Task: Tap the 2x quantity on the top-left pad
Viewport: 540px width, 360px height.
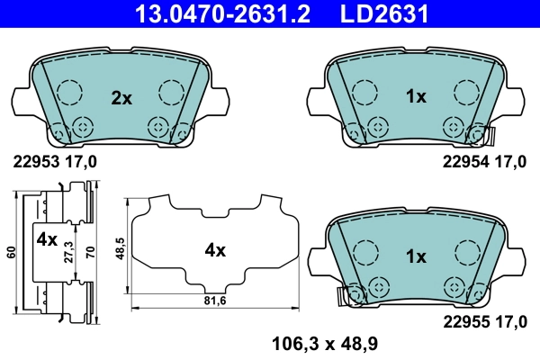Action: pos(121,98)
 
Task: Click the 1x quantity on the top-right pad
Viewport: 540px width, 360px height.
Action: pos(415,98)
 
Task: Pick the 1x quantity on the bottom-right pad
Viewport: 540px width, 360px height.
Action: pos(415,256)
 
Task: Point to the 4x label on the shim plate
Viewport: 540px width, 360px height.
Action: pos(214,251)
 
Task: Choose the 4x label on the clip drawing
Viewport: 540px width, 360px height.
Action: pos(47,240)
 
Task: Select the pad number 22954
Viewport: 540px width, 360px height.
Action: pos(463,162)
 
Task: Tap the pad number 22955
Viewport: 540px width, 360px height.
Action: pos(463,320)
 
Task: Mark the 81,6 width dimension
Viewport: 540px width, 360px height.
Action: pos(214,301)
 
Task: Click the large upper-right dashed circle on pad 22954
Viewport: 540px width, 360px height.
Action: pos(465,92)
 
